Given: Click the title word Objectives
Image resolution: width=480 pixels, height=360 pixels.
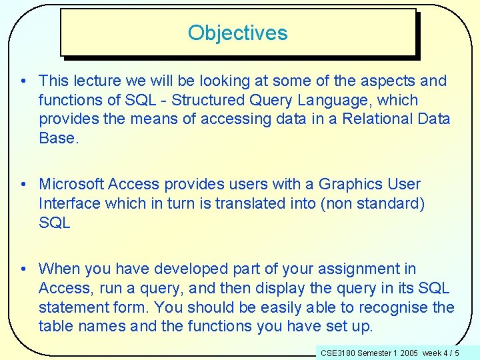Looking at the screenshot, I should [238, 33].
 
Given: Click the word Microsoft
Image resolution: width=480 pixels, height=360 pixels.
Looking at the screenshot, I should [71, 184].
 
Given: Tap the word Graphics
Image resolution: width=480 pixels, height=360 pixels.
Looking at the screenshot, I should [349, 184].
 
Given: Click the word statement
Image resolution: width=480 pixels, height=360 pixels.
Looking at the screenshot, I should [70, 307].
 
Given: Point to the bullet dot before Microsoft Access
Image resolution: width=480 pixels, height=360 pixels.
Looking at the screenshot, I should [23, 184].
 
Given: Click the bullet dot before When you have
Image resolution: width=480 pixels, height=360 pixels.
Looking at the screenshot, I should [23, 269].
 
